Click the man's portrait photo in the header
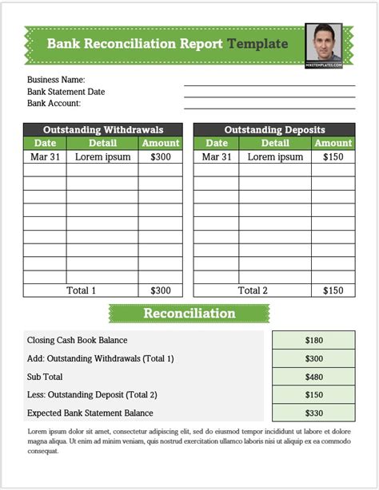click(324, 44)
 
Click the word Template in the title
click(257, 44)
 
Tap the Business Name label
click(56, 80)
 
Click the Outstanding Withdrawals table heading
click(103, 129)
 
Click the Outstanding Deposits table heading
click(274, 129)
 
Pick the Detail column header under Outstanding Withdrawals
click(102, 144)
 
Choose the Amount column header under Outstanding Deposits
click(333, 144)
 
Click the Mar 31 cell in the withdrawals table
click(45, 157)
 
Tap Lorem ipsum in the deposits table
click(275, 157)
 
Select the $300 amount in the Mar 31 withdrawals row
click(160, 157)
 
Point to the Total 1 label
click(81, 290)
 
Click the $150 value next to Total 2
click(333, 290)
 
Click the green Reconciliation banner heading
click(189, 314)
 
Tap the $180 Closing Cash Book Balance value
click(313, 340)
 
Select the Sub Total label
click(45, 377)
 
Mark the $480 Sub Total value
click(313, 377)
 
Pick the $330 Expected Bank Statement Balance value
click(313, 413)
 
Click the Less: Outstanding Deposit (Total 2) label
click(92, 395)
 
